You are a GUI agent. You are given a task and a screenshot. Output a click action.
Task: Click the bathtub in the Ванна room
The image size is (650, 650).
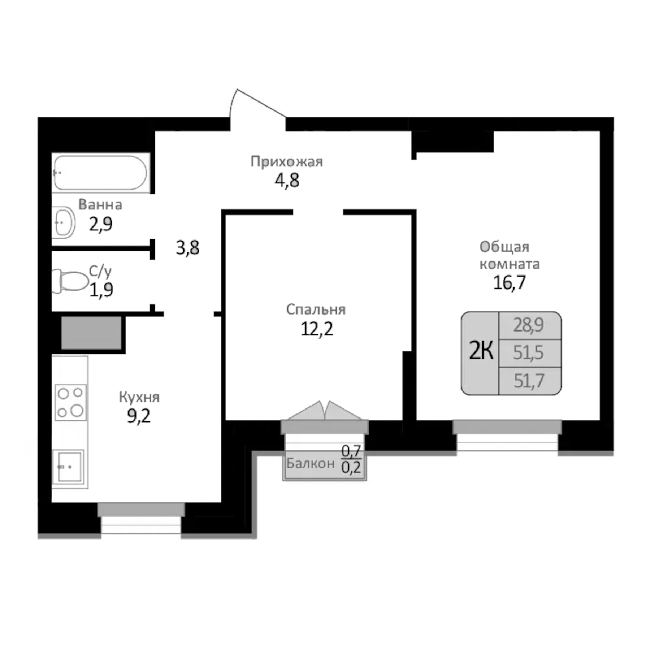pyautogui.click(x=100, y=173)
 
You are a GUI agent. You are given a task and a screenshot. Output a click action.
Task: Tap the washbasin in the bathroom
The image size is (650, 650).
pyautogui.click(x=64, y=222)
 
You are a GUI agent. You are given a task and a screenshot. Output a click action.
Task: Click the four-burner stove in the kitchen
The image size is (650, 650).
pyautogui.click(x=70, y=402)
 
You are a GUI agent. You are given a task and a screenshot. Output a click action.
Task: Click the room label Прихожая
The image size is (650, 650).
pyautogui.click(x=287, y=162)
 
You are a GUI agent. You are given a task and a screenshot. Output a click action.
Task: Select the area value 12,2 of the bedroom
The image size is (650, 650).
pyautogui.click(x=317, y=329)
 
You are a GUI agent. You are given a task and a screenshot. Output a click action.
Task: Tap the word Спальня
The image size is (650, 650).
pyautogui.click(x=316, y=309)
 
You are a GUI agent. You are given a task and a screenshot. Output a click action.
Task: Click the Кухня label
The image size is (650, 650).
pyautogui.click(x=139, y=397)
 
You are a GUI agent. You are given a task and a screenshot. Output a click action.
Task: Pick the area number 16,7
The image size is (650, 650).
pyautogui.click(x=509, y=283)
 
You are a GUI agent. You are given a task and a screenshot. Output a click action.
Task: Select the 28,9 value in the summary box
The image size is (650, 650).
pyautogui.click(x=528, y=325)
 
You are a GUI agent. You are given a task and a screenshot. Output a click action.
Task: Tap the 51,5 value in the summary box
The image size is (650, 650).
pyautogui.click(x=528, y=352)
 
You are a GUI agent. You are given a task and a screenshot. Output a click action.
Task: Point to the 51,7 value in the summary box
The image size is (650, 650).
pyautogui.click(x=529, y=381)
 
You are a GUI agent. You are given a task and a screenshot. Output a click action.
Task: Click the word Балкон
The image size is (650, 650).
pyautogui.click(x=311, y=463)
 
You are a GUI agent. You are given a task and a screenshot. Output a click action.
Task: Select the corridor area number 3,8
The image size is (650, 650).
pyautogui.click(x=187, y=248)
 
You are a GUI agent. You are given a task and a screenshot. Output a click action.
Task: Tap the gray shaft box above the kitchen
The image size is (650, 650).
pyautogui.click(x=91, y=333)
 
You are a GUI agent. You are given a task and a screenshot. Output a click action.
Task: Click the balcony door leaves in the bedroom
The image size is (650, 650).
pyautogui.click(x=325, y=412)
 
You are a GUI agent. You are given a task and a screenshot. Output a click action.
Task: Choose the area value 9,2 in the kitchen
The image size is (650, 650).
pyautogui.click(x=139, y=416)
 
